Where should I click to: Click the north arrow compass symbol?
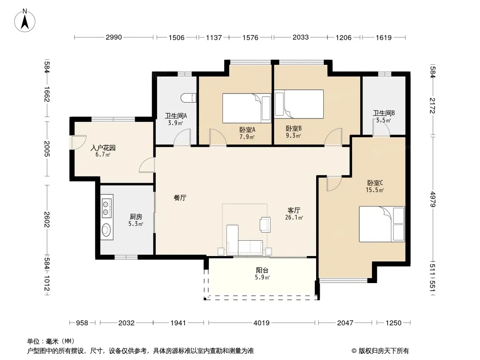click(x=25, y=20)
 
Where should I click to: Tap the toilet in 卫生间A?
click(x=188, y=98)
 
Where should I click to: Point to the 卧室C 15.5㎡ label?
click(x=375, y=186)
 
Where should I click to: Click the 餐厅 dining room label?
click(x=180, y=198)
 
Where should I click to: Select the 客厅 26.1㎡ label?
click(x=294, y=214)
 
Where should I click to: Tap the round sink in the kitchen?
click(x=106, y=230)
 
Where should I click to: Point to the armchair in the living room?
click(x=265, y=224)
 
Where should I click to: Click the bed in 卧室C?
click(x=382, y=224)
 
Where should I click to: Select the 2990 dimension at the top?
click(x=113, y=37)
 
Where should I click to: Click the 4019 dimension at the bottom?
click(x=262, y=323)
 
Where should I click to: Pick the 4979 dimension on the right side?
click(x=432, y=199)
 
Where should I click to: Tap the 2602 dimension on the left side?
click(x=46, y=219)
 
